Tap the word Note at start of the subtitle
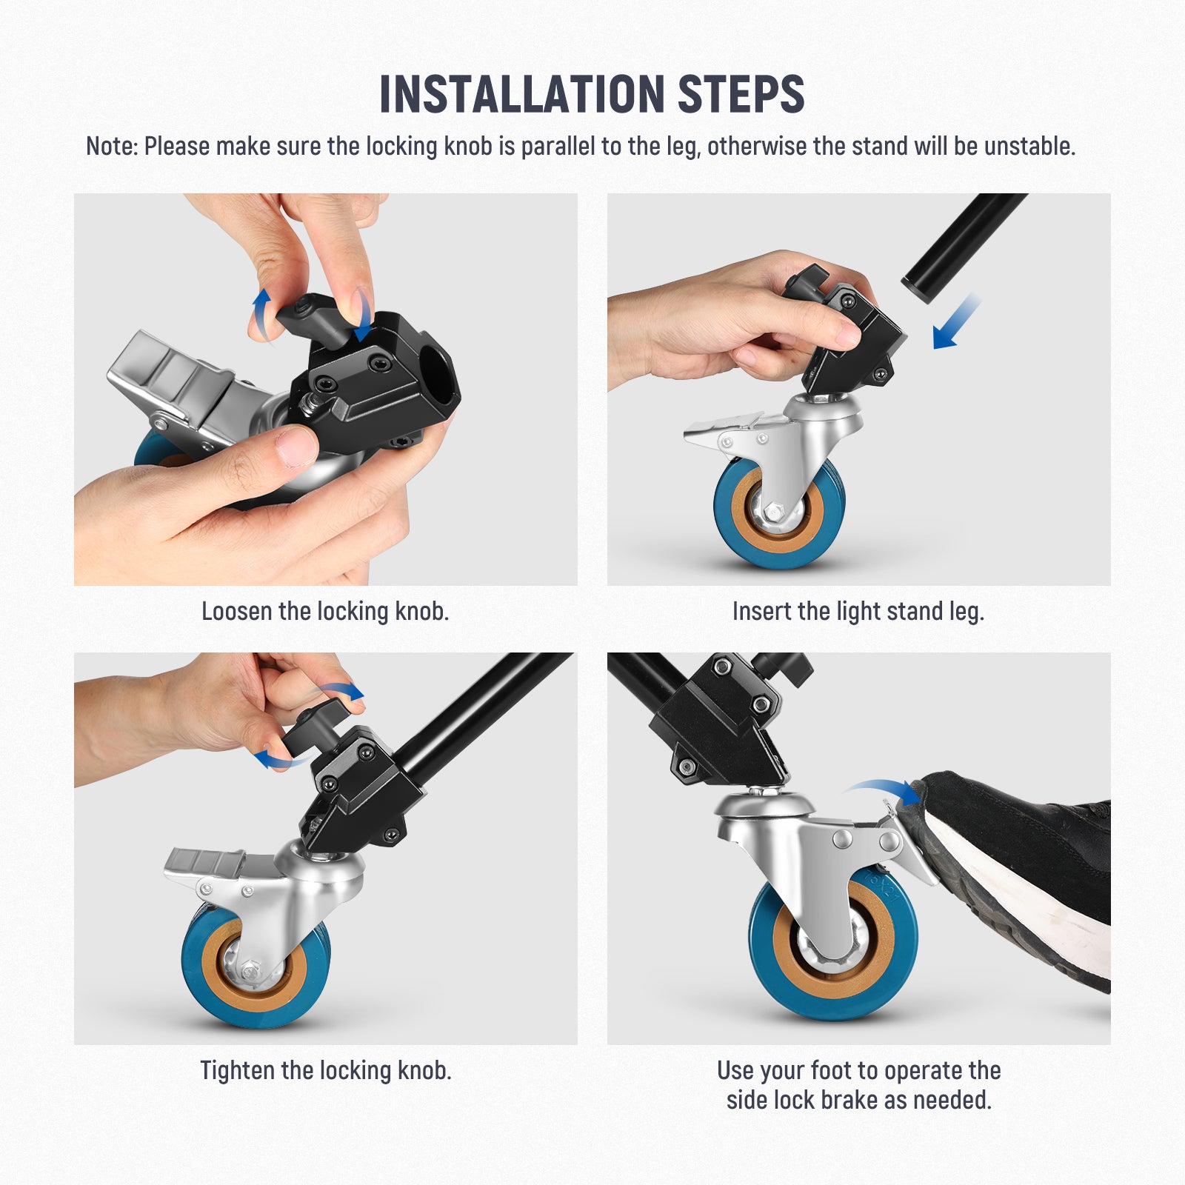(x=111, y=147)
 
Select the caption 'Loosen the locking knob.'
(x=325, y=612)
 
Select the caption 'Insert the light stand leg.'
(x=858, y=612)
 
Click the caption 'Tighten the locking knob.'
(x=325, y=1071)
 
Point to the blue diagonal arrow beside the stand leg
(x=955, y=322)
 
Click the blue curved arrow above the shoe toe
(x=881, y=788)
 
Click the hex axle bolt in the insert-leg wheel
(x=775, y=510)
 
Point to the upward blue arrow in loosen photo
(x=261, y=311)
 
